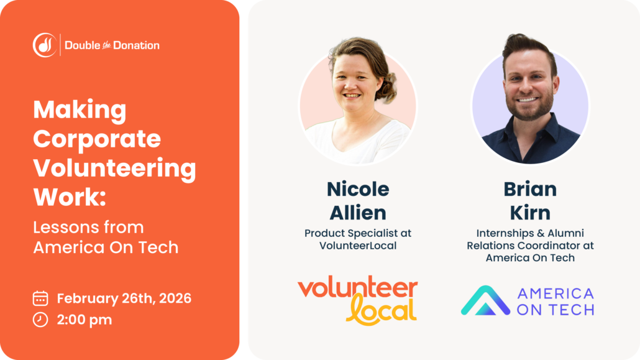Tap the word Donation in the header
point(137,45)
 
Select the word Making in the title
point(80,110)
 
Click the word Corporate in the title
point(97,139)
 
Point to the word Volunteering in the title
point(114,168)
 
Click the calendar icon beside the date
point(40,298)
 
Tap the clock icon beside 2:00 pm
point(40,320)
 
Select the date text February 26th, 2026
point(124,298)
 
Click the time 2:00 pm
point(85,320)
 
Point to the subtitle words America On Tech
point(106,247)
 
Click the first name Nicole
point(358,189)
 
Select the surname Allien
point(358,212)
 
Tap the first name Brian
point(530,189)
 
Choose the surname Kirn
point(530,212)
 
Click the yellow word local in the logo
point(380,309)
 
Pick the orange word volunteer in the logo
point(358,288)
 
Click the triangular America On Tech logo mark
point(485,301)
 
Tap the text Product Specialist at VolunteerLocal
point(358,239)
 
